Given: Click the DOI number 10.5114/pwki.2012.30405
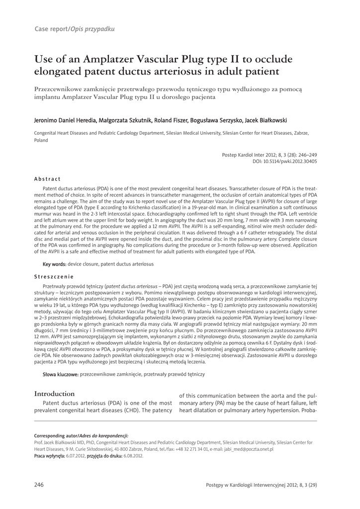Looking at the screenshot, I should (x=289, y=162).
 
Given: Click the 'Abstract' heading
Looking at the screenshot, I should (x=47, y=179).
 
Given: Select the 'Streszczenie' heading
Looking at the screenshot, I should (x=54, y=276).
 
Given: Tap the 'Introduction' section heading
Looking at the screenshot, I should (x=54, y=394).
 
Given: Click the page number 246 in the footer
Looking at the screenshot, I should (x=39, y=485).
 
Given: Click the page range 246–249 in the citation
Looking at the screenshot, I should (x=304, y=155).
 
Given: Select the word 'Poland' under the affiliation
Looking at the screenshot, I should (x=41, y=140).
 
